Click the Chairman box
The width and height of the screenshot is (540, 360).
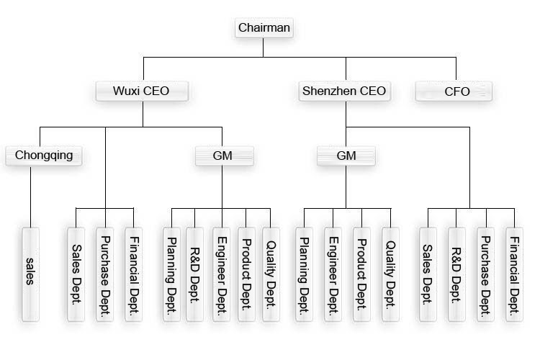(x=264, y=29)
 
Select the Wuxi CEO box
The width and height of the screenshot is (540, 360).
(x=143, y=91)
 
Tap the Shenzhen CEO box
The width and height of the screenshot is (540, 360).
(x=343, y=91)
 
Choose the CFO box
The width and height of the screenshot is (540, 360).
(x=454, y=91)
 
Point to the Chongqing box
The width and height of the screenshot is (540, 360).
(x=44, y=155)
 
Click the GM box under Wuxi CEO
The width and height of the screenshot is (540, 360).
(x=223, y=155)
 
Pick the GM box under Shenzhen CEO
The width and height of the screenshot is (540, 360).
(x=346, y=155)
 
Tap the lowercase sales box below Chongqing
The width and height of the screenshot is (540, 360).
(x=30, y=274)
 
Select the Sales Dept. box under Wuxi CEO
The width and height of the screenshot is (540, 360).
(x=76, y=274)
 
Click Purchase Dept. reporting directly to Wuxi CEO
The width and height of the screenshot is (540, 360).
(x=105, y=274)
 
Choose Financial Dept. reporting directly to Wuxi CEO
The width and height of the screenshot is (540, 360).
(x=133, y=274)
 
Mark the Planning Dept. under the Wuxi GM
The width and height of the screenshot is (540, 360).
(x=172, y=274)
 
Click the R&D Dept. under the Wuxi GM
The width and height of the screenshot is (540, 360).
(x=194, y=274)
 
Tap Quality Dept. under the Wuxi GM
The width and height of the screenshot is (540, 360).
(x=270, y=274)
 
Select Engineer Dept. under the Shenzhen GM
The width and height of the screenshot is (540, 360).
(x=333, y=274)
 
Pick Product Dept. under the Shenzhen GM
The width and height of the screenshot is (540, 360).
(x=361, y=274)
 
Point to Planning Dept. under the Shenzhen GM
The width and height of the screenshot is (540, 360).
(x=305, y=274)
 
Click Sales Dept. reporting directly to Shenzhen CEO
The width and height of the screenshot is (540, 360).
(x=428, y=274)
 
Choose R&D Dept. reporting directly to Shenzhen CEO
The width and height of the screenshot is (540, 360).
(x=457, y=274)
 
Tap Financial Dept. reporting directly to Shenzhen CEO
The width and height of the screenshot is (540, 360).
(x=514, y=274)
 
